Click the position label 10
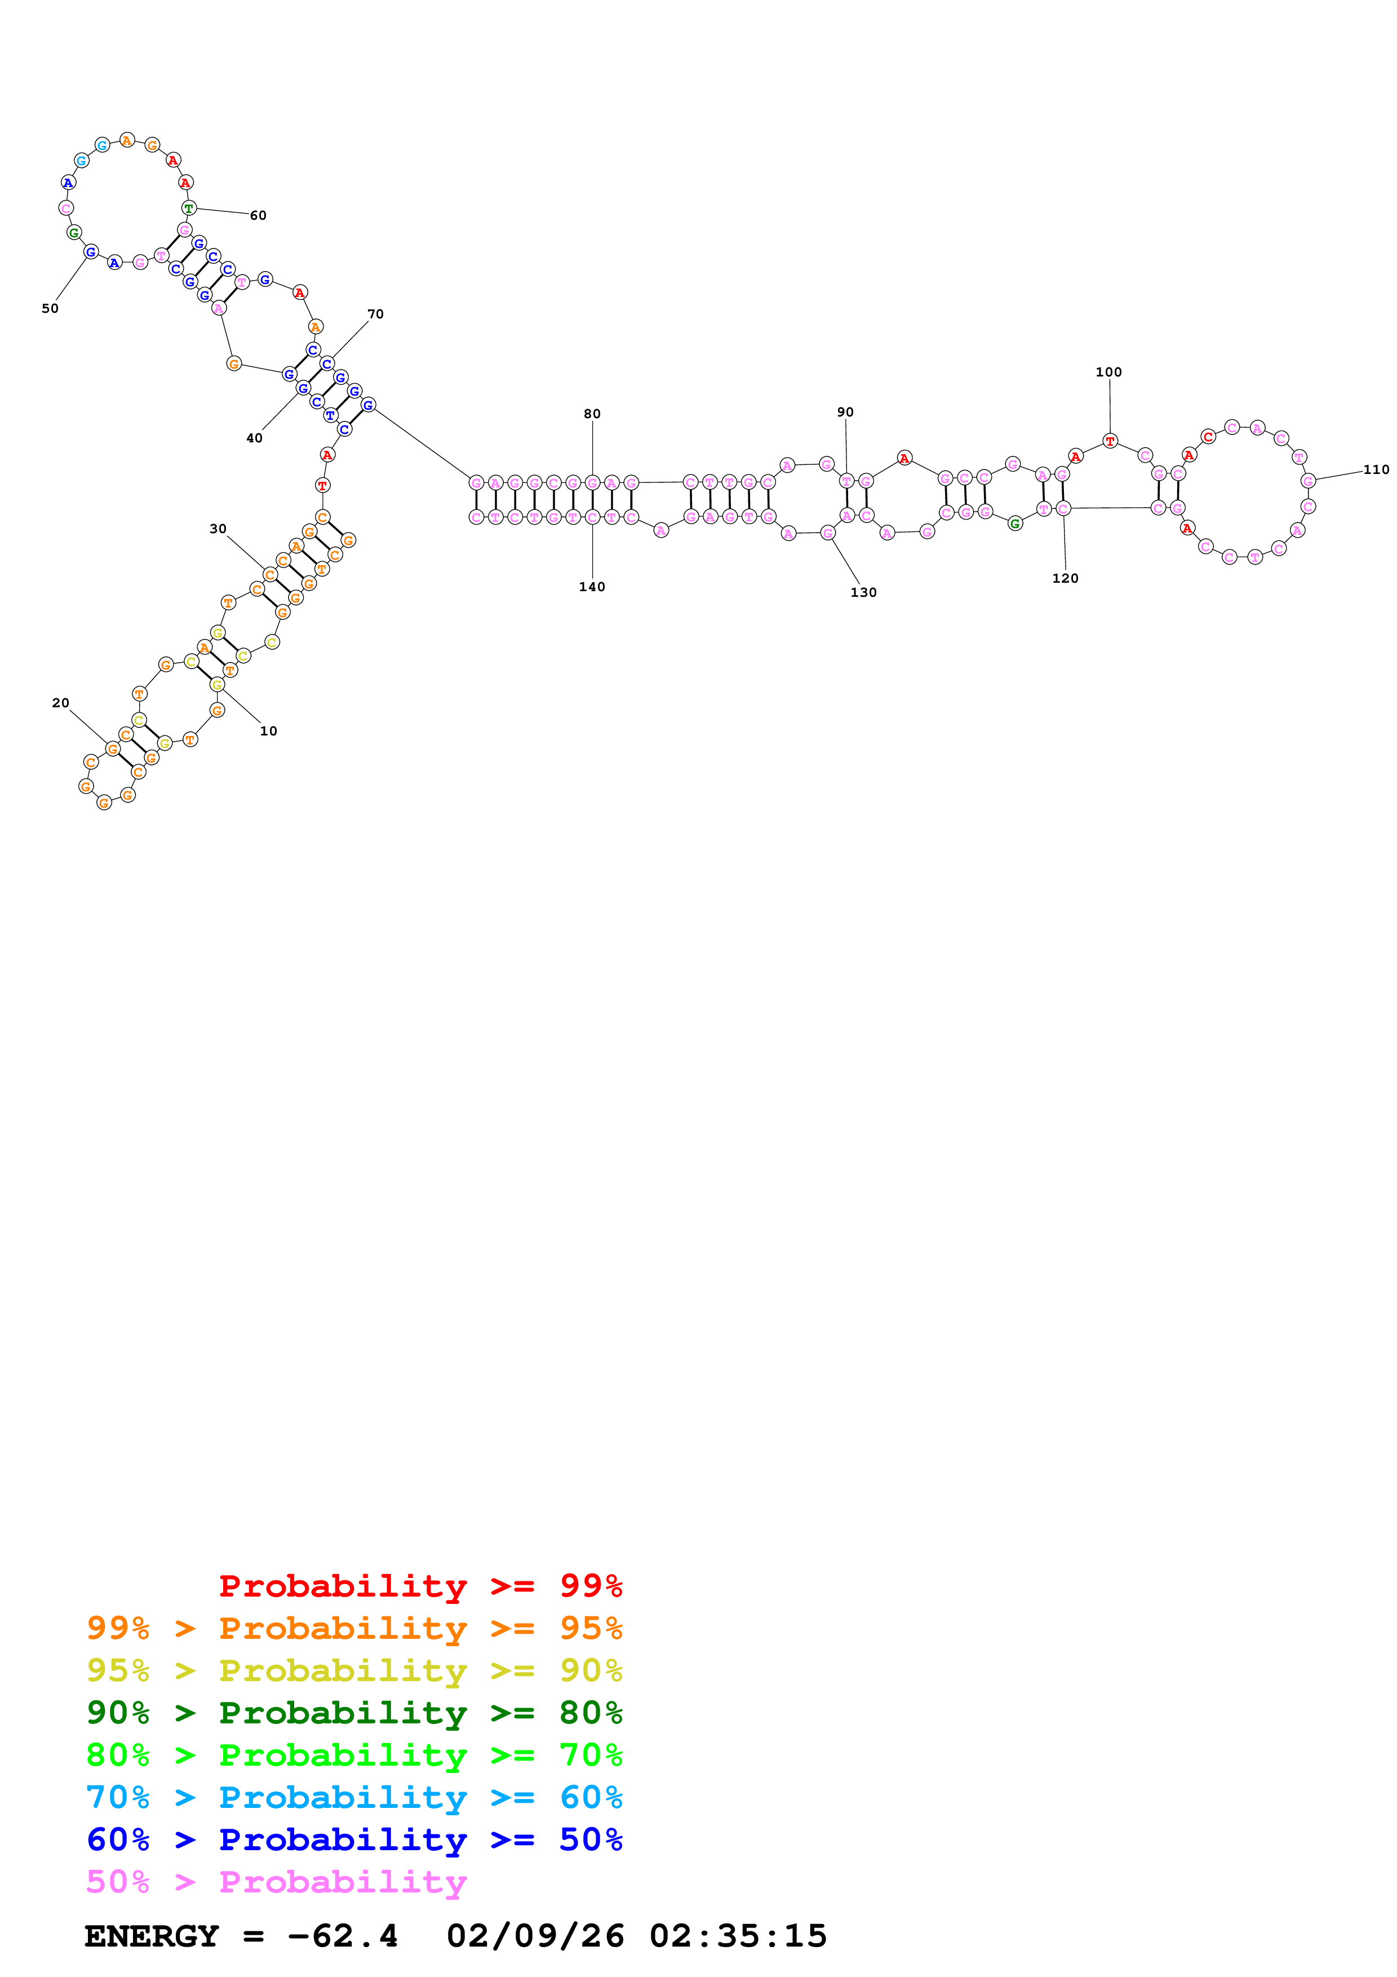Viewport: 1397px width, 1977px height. [269, 731]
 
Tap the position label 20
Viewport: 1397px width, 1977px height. [60, 703]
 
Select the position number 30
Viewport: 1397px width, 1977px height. [218, 529]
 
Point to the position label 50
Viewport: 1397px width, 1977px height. [50, 308]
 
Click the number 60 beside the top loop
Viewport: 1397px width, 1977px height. [258, 215]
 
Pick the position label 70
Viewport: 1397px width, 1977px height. [375, 314]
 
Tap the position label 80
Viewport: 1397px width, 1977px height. [592, 414]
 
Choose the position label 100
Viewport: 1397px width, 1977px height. [1108, 372]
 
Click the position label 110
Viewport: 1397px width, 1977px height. [1376, 469]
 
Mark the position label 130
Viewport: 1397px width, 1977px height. [863, 592]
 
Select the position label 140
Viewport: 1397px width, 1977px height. [592, 587]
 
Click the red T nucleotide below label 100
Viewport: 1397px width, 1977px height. [1110, 441]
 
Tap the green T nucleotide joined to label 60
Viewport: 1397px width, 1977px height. [189, 209]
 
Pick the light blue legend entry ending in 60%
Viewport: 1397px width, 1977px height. [354, 1797]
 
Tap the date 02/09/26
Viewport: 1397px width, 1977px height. [535, 1936]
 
